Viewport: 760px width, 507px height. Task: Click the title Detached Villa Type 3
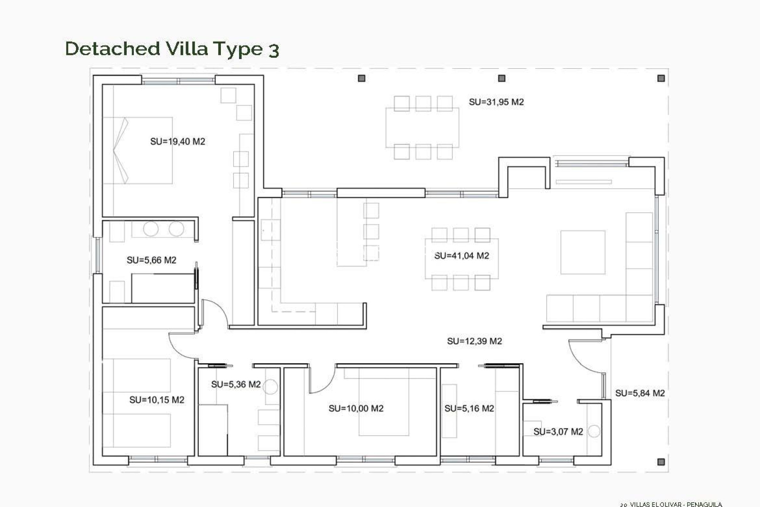[x=172, y=49]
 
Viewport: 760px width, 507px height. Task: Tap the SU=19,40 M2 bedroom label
[x=177, y=141]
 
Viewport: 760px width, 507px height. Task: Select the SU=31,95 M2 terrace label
[x=496, y=102]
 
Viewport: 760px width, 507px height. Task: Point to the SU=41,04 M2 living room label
[x=462, y=256]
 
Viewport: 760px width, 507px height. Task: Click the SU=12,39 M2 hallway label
[x=474, y=341]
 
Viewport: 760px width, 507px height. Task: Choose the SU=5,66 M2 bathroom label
[x=151, y=260]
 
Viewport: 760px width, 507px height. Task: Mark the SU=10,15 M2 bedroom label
[x=157, y=400]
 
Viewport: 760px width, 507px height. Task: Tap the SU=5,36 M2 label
[x=236, y=384]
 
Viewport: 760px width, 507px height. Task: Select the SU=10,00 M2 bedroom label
[x=356, y=408]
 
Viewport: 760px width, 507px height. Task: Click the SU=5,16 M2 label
[x=469, y=408]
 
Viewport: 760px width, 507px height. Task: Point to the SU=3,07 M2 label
[x=558, y=432]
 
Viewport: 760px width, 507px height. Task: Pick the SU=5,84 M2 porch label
[x=640, y=393]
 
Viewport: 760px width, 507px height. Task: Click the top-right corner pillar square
[x=661, y=78]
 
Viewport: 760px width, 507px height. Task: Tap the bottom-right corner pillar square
[x=661, y=462]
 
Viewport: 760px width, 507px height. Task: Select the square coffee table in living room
[x=583, y=252]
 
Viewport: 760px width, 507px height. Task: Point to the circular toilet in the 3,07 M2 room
[x=594, y=431]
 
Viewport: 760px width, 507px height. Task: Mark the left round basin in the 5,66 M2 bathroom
[x=150, y=229]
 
